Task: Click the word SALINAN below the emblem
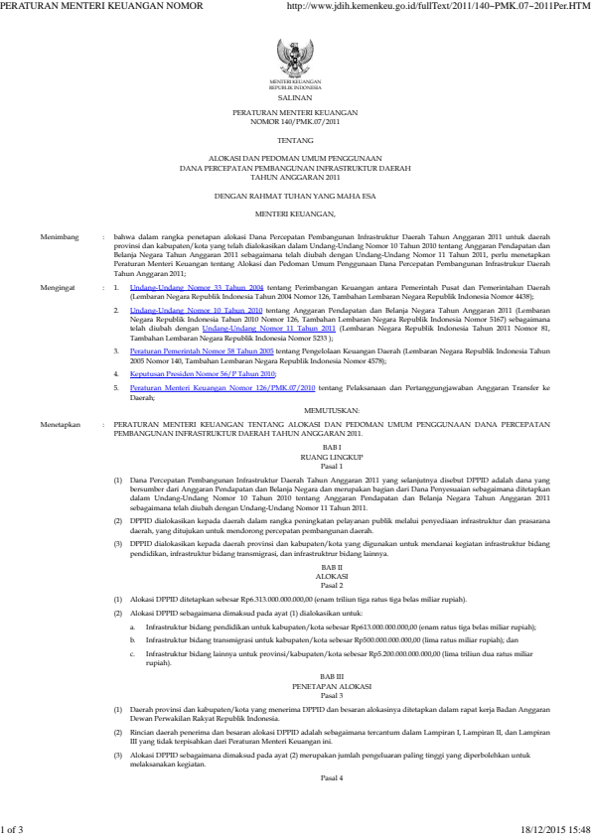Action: click(294, 100)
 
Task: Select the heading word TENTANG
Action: click(294, 141)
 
